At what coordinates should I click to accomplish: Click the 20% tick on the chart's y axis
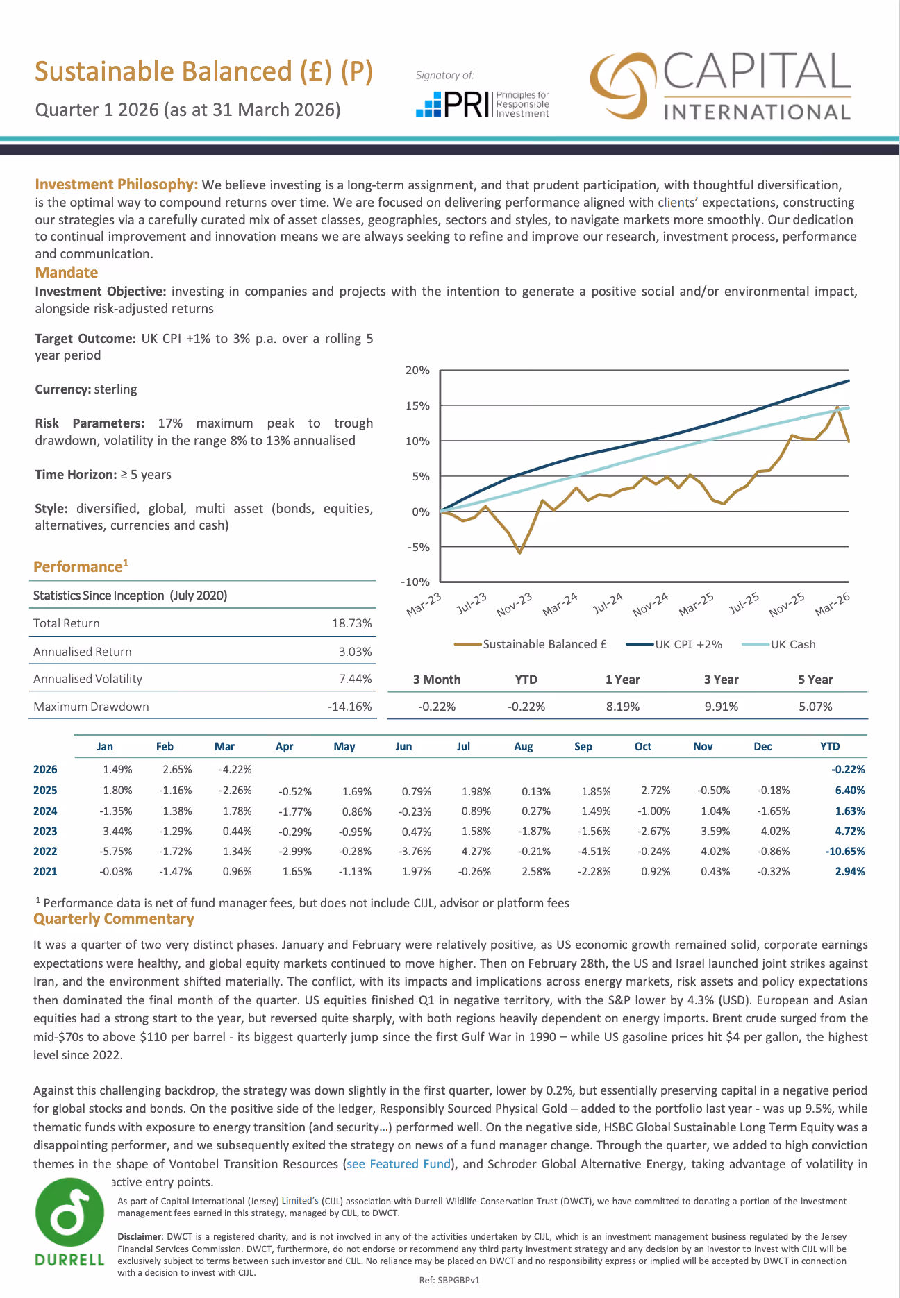(417, 371)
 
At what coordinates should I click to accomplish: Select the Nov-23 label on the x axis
(515, 605)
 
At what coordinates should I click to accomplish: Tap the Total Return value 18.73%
(352, 623)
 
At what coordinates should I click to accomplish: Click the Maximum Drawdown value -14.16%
(350, 707)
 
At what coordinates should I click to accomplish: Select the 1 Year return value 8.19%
(622, 707)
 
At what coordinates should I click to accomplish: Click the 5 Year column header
(815, 680)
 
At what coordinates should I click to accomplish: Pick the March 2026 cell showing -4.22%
(235, 769)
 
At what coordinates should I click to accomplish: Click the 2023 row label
(45, 831)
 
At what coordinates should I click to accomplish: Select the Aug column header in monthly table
(524, 746)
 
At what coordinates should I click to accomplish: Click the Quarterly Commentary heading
(114, 919)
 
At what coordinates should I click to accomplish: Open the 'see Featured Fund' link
(399, 1164)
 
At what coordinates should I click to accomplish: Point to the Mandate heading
(67, 272)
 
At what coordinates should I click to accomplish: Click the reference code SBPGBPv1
(449, 1280)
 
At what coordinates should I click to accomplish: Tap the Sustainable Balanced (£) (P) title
(204, 72)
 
